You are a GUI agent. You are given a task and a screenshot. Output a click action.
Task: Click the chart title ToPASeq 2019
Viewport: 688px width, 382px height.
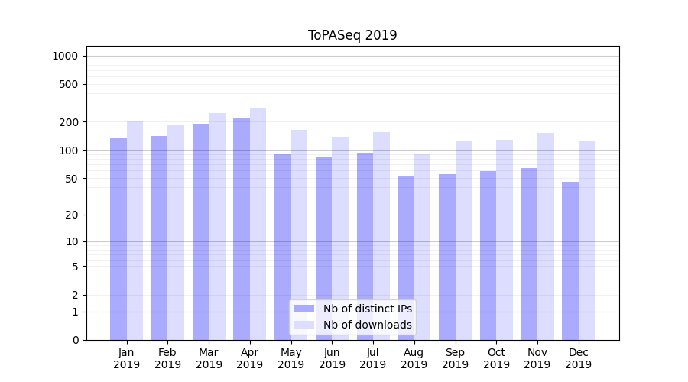coord(352,35)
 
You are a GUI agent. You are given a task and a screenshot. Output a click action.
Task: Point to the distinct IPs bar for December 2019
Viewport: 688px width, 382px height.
coord(570,261)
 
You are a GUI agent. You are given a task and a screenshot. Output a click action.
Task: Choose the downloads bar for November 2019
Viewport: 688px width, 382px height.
coord(546,236)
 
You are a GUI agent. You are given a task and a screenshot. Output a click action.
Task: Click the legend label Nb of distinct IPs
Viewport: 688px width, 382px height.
coord(368,309)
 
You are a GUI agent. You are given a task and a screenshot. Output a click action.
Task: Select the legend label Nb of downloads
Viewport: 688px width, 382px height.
coord(368,325)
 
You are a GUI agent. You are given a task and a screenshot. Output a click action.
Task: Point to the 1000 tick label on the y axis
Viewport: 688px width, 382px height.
coord(65,56)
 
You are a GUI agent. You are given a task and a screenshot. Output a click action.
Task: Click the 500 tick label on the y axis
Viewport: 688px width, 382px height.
coord(69,84)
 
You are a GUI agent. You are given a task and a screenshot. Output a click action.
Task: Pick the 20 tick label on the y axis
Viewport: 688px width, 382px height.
coord(72,215)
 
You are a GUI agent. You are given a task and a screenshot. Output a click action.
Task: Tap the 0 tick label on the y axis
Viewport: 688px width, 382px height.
coord(75,340)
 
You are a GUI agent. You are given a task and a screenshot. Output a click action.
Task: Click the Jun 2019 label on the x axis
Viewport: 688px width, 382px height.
coord(332,358)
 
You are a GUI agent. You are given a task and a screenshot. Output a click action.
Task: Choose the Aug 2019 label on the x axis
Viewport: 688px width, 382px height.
coord(414,358)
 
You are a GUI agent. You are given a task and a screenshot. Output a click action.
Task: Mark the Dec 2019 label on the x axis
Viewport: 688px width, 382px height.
coord(579,358)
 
